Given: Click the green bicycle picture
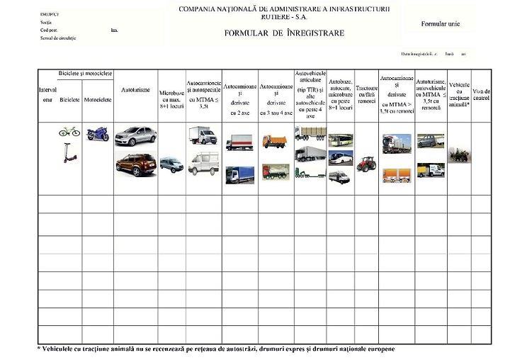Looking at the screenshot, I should (69, 131).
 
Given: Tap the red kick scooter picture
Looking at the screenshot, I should (69, 152).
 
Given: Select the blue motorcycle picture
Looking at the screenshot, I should (97, 133).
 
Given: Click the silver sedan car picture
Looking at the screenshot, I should (135, 135).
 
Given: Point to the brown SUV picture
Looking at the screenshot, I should (135, 164).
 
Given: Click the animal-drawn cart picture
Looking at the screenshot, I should (459, 154).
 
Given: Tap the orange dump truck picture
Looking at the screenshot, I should (276, 140).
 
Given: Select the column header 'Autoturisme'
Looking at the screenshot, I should (135, 91).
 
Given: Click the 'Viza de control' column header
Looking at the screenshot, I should (481, 94).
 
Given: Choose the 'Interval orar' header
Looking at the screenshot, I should (47, 94).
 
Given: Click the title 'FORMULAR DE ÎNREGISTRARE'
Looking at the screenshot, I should (284, 33).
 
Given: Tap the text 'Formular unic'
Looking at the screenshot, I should (440, 24).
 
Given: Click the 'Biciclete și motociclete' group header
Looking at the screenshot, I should (85, 74).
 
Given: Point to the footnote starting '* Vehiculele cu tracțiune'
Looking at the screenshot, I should (215, 349).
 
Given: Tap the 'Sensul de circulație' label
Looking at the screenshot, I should (58, 38).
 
